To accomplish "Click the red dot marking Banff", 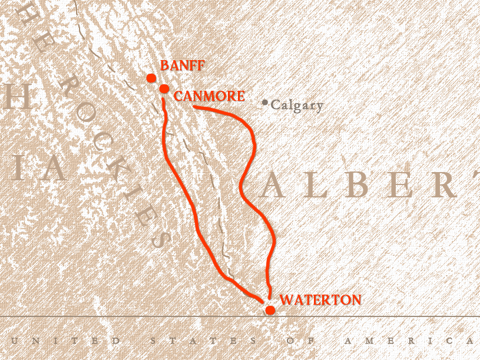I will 151,78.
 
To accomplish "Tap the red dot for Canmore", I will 164,89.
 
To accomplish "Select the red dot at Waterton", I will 270,310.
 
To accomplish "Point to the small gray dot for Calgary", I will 265,103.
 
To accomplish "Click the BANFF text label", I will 182,65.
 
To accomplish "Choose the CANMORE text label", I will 209,95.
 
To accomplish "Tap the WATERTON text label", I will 320,300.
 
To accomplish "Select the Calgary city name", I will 297,105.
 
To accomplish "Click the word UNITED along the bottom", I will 65,341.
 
